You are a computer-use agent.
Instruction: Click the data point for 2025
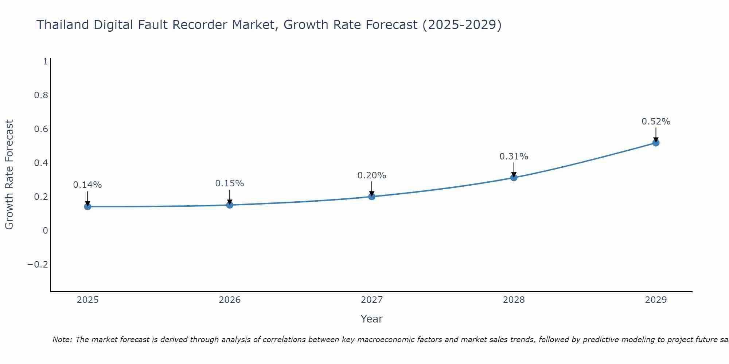(x=87, y=207)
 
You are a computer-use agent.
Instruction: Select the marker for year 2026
(x=230, y=205)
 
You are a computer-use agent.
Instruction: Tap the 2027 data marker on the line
(x=372, y=197)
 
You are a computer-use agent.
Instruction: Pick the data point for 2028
(x=514, y=178)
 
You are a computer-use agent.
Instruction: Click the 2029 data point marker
(x=656, y=143)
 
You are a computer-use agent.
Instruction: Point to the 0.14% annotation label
(x=87, y=185)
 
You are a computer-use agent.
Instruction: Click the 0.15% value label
(x=230, y=183)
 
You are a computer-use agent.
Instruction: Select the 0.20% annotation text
(x=372, y=175)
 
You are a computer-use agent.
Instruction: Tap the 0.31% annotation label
(x=514, y=157)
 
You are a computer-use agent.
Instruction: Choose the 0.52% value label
(x=656, y=122)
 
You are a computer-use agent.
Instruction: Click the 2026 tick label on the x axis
(x=230, y=300)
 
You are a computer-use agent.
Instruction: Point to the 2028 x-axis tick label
(x=514, y=300)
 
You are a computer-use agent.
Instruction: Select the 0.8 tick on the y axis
(x=41, y=95)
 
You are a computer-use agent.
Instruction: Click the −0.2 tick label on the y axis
(x=38, y=264)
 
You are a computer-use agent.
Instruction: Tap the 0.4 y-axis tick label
(x=41, y=163)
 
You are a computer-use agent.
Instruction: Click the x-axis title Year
(x=372, y=319)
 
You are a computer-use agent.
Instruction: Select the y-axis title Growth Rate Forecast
(x=9, y=175)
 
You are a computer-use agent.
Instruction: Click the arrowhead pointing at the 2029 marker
(x=656, y=139)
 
